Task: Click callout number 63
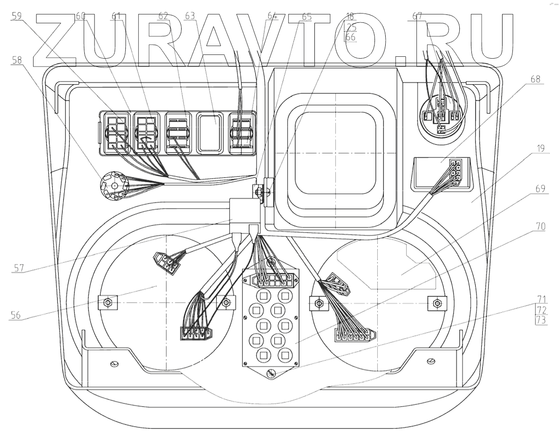coord(189,15)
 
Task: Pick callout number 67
coord(418,15)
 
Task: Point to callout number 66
coord(349,36)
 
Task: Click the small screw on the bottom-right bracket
coord(430,360)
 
